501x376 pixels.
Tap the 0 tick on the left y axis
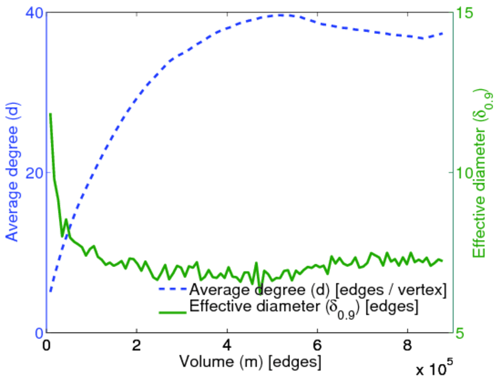(x=36, y=332)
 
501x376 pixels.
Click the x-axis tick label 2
(x=137, y=345)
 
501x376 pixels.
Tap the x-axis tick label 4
(x=227, y=345)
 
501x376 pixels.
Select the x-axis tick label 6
(x=317, y=345)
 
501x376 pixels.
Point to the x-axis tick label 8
(x=408, y=345)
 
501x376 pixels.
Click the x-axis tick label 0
(x=46, y=345)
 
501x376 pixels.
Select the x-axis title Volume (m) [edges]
(x=250, y=362)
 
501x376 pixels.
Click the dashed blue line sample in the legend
(x=172, y=290)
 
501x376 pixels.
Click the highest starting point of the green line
(x=50, y=114)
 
